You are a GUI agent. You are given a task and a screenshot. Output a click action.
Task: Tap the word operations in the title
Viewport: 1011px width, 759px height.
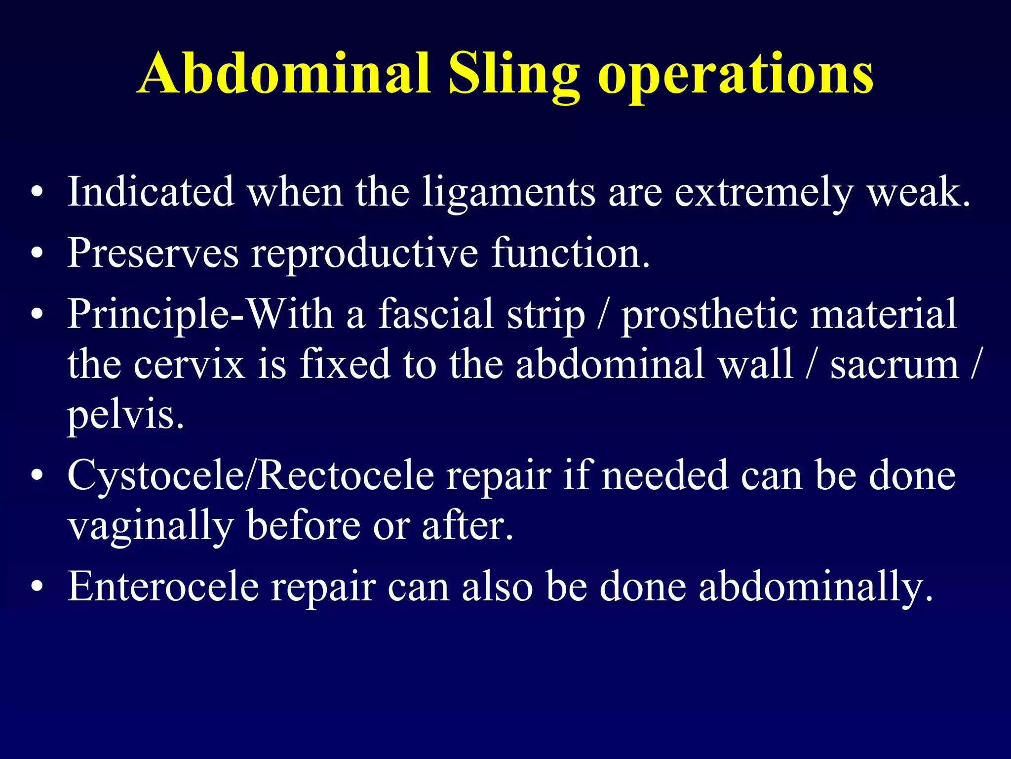point(736,74)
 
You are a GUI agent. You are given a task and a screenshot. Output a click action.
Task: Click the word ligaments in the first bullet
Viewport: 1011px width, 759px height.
point(509,193)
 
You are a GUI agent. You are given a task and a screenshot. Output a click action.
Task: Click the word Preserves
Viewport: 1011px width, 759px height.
point(153,253)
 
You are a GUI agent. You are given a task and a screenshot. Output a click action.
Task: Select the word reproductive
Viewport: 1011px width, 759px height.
point(365,254)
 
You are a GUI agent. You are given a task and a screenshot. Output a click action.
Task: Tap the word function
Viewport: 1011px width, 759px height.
point(571,253)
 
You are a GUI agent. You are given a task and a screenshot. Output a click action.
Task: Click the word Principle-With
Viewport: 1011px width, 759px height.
point(200,314)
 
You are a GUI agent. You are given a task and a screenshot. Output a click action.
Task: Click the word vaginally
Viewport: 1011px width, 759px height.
point(151,527)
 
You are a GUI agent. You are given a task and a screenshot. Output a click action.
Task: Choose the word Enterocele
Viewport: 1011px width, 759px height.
point(163,586)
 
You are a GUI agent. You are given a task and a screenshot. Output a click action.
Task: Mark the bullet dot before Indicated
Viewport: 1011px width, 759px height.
point(37,193)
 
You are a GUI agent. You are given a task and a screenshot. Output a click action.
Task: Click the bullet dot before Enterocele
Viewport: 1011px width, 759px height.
point(37,587)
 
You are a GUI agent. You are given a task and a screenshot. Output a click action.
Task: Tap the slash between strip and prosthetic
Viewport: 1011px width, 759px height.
point(603,314)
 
